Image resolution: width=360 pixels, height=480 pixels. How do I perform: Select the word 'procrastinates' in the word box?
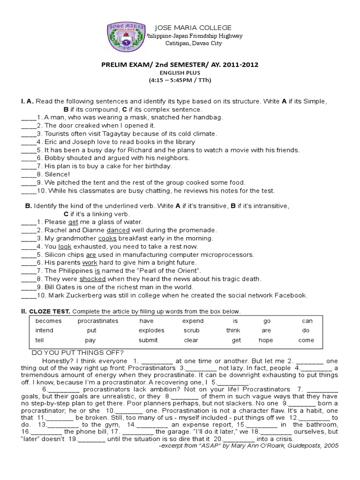(x=98, y=321)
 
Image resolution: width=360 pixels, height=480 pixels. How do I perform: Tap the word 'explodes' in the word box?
(x=151, y=330)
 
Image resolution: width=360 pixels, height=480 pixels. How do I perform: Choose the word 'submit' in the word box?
(x=148, y=340)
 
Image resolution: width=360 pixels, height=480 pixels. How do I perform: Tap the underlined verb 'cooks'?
(x=107, y=238)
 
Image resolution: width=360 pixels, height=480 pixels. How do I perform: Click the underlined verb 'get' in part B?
(x=73, y=222)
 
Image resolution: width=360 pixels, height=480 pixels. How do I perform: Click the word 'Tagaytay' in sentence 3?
(x=122, y=134)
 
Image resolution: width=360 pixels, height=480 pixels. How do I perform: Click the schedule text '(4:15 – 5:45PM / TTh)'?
(x=180, y=80)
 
